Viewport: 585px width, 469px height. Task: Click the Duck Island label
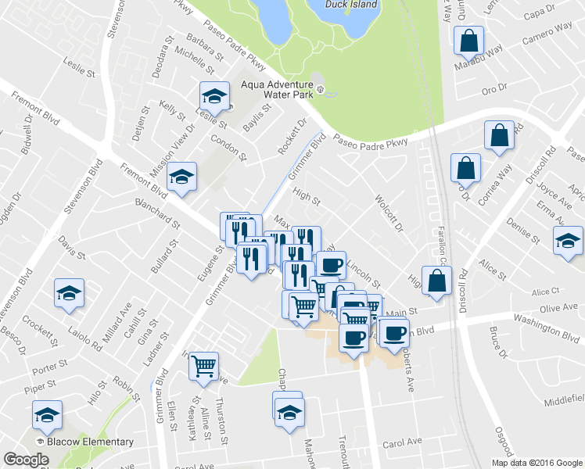coord(352,4)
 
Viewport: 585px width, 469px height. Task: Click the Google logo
coord(27,460)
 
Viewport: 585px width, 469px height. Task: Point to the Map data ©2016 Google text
coord(537,463)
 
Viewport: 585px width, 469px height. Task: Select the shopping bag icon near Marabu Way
coord(468,41)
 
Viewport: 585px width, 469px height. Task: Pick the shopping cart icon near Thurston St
coord(204,365)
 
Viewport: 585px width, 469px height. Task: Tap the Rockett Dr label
coord(292,138)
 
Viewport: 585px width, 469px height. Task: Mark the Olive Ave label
coord(558,310)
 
